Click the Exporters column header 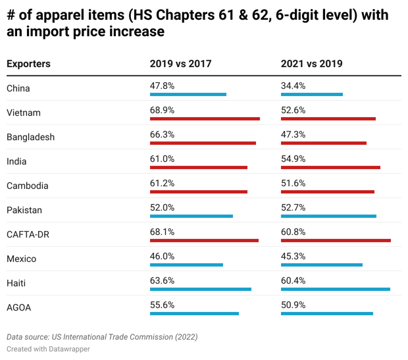pos(28,64)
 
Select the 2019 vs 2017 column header pos(180,64)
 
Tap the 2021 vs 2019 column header pos(311,64)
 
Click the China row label pos(18,88)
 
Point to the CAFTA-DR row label pos(28,234)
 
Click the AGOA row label pos(19,307)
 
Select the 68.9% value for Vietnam pos(162,110)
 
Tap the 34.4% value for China pos(293,86)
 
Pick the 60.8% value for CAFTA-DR pos(293,232)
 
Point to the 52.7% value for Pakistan pos(293,207)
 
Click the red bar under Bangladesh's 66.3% pos(203,143)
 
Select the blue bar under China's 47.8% pos(188,94)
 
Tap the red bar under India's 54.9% pos(330,167)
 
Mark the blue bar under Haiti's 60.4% pos(336,289)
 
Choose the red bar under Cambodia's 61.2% pos(199,192)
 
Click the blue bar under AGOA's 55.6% pos(194,313)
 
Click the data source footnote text pos(102,337)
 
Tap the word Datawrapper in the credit pos(69,349)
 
